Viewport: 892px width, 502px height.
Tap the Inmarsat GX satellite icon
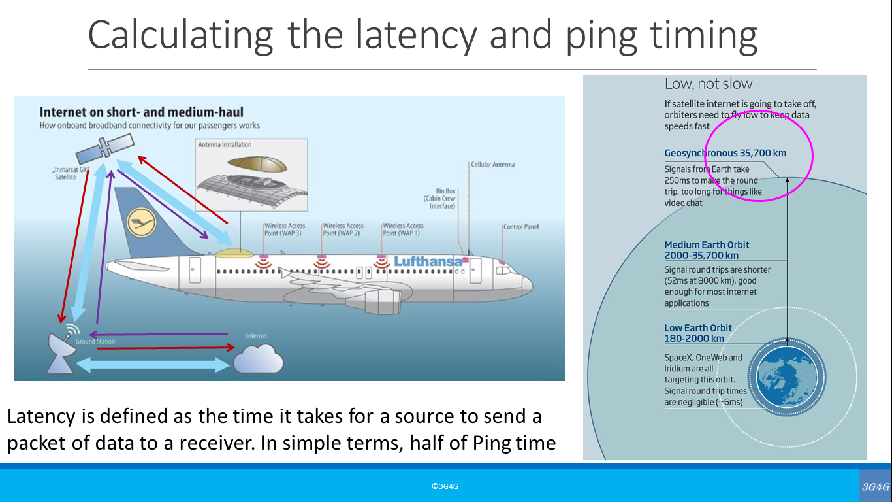104,149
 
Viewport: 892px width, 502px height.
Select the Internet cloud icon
259,358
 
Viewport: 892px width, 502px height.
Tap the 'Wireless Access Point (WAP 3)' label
285,229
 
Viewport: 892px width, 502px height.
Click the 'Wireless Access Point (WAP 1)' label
403,229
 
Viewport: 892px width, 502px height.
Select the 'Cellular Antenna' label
492,165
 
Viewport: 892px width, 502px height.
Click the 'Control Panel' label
520,227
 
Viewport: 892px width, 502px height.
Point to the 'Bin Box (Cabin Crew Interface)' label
441,199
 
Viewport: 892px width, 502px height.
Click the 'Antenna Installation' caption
225,144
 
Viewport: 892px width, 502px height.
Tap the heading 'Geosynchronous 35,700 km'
725,153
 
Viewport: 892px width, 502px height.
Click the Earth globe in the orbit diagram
787,378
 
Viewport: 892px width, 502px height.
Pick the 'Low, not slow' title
708,84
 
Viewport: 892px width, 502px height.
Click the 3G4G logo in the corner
875,486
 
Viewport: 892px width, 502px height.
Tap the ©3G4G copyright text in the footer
445,486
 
